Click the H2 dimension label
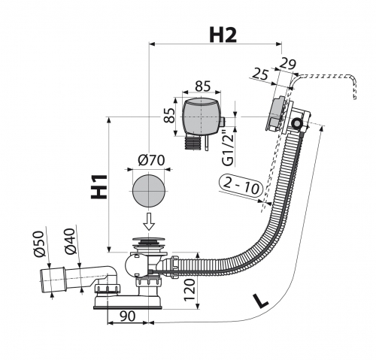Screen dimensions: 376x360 click(223, 35)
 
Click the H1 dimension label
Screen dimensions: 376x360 click(99, 186)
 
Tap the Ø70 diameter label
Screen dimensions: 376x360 click(151, 160)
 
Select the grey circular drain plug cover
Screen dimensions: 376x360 click(148, 190)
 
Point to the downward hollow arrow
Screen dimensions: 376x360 click(149, 222)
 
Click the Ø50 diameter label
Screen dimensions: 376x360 click(39, 244)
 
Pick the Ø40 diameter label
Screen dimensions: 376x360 click(70, 241)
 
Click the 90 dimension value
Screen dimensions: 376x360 click(127, 316)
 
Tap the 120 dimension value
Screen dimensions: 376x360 click(190, 289)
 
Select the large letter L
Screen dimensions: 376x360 click(260, 301)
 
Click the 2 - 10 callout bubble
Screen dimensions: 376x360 click(240, 186)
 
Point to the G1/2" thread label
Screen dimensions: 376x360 click(228, 149)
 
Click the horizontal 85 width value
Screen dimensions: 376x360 click(202, 86)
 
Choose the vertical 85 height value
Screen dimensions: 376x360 click(170, 115)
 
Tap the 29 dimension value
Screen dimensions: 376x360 click(287, 64)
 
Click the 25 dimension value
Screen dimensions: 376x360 click(260, 74)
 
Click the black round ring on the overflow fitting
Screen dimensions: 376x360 click(297, 123)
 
